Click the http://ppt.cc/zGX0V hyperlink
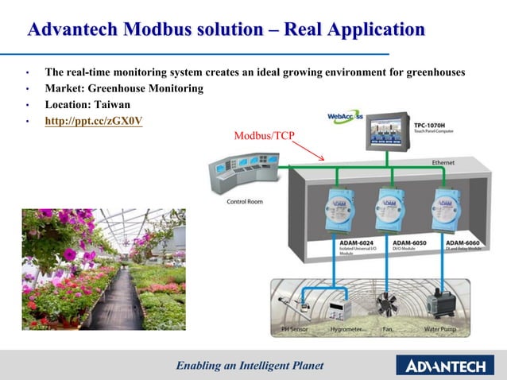pyautogui.click(x=94, y=122)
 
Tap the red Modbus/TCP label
pyautogui.click(x=265, y=136)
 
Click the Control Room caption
pyautogui.click(x=245, y=201)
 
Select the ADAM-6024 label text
pyautogui.click(x=353, y=242)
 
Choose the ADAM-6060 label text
pyautogui.click(x=464, y=242)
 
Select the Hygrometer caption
pyautogui.click(x=346, y=328)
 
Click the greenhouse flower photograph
pyautogui.click(x=103, y=269)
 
